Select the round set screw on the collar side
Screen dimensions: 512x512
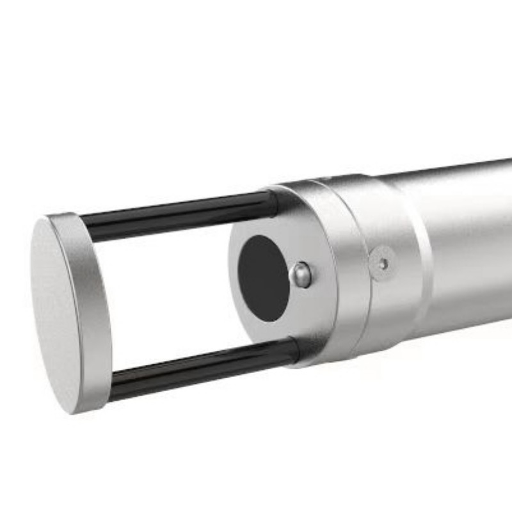(x=382, y=263)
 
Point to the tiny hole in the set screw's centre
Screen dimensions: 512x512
(x=383, y=262)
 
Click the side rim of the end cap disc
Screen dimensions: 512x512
(x=90, y=307)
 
